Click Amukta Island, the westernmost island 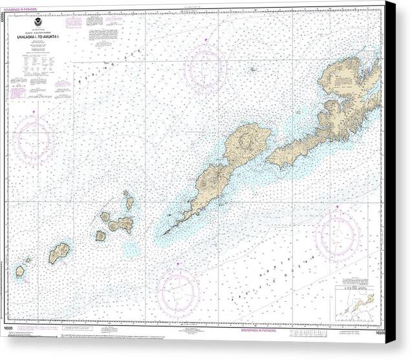click(20, 271)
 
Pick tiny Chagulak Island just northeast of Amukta click(28, 260)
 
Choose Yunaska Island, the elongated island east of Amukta click(59, 251)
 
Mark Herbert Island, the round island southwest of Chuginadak click(100, 236)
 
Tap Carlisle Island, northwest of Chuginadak click(105, 217)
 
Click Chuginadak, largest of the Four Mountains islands click(121, 225)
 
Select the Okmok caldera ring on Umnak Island click(246, 139)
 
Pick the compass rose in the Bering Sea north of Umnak click(205, 68)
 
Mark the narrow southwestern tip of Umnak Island click(168, 231)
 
